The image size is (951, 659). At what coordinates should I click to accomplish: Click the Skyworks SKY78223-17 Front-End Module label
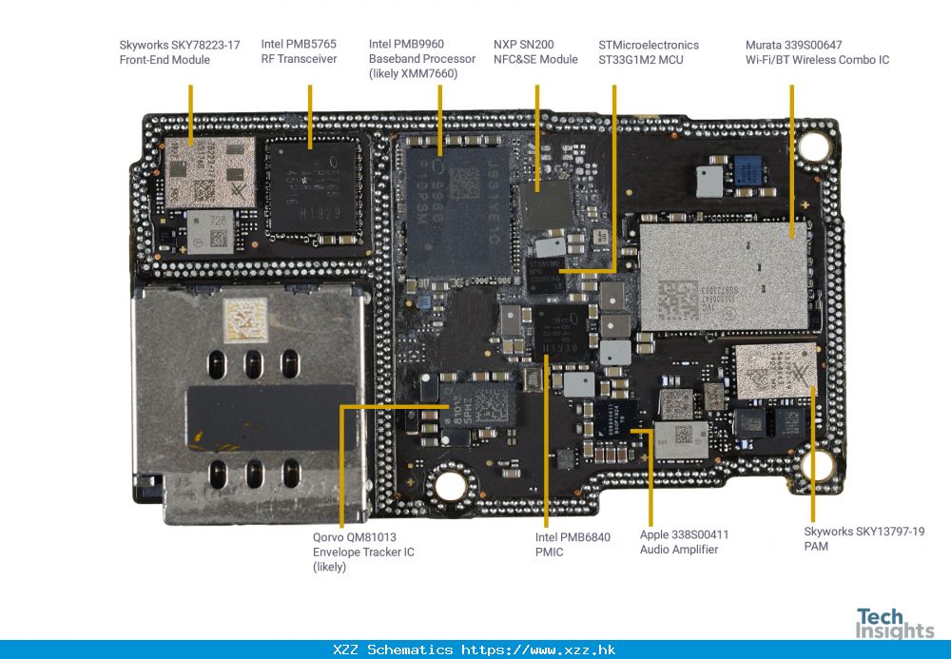(x=179, y=52)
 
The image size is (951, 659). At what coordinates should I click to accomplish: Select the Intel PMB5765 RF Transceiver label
(x=299, y=52)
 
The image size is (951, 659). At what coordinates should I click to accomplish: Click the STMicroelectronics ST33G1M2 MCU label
(x=649, y=52)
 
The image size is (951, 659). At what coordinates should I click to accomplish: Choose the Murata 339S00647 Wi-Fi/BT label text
(x=817, y=52)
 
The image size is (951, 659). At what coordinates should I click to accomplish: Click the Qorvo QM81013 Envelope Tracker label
(x=363, y=552)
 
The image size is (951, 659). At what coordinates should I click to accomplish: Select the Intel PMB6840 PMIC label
(x=573, y=544)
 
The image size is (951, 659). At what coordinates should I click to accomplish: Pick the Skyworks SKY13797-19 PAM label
(x=864, y=538)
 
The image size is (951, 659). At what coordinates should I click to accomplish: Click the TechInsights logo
(x=894, y=623)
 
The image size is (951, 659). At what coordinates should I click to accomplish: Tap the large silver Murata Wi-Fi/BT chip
(x=724, y=275)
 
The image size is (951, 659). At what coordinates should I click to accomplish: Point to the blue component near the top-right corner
(x=748, y=171)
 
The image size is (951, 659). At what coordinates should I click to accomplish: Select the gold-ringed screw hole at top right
(x=814, y=146)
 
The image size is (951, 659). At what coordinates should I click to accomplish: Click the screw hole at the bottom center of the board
(x=450, y=486)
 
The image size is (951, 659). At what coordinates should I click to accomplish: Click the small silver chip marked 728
(x=211, y=231)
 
